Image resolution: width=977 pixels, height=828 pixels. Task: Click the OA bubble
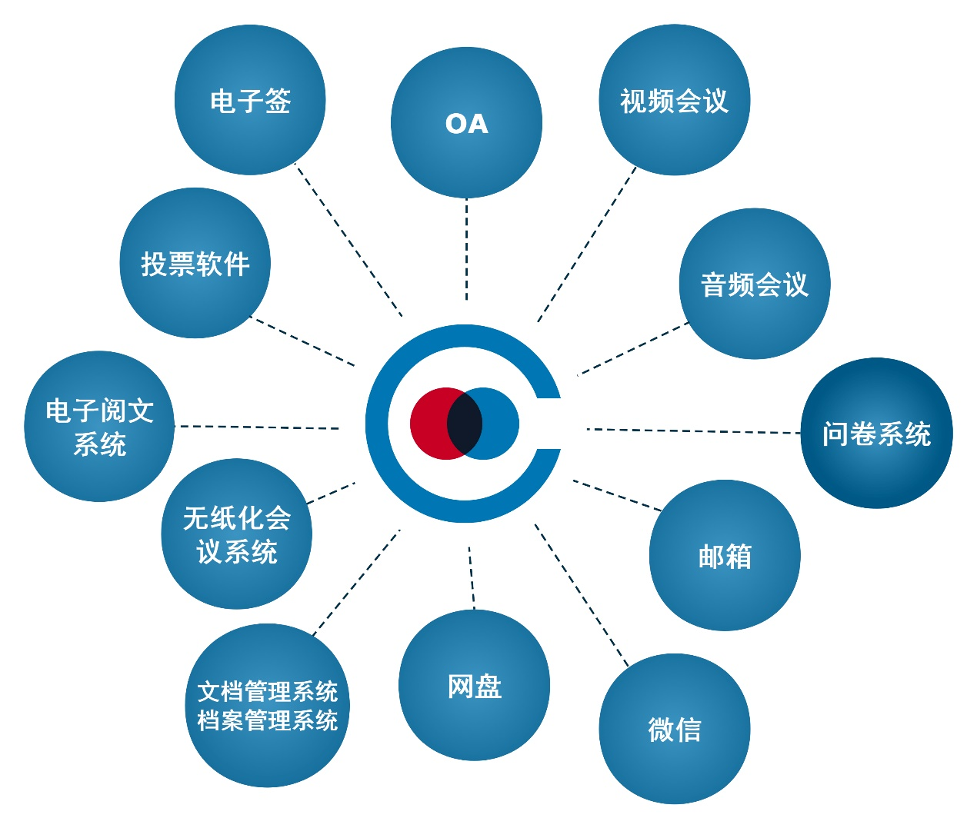click(466, 123)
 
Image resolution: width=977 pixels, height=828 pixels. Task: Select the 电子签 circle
click(250, 100)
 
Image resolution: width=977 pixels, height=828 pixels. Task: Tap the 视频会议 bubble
click(674, 100)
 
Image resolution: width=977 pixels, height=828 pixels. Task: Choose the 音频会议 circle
click(755, 284)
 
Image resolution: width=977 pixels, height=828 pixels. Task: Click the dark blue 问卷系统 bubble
click(876, 433)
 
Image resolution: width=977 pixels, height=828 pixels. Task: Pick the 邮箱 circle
click(725, 555)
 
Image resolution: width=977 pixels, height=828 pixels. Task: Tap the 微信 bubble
click(674, 729)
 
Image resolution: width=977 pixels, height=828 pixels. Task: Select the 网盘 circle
click(474, 685)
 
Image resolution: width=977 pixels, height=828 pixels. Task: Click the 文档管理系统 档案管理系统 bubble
click(267, 705)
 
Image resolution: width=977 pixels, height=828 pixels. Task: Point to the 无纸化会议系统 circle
click(236, 534)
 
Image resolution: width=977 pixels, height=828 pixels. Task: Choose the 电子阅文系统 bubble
click(99, 427)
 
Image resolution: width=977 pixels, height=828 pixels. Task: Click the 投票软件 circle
click(195, 263)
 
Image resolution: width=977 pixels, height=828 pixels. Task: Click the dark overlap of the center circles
click(465, 424)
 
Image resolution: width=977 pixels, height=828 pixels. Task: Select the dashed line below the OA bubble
click(466, 250)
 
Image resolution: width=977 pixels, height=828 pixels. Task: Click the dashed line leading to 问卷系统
click(692, 431)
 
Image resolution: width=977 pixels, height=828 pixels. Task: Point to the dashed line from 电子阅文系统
click(258, 427)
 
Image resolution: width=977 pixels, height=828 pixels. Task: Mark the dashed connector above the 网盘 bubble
click(472, 578)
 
